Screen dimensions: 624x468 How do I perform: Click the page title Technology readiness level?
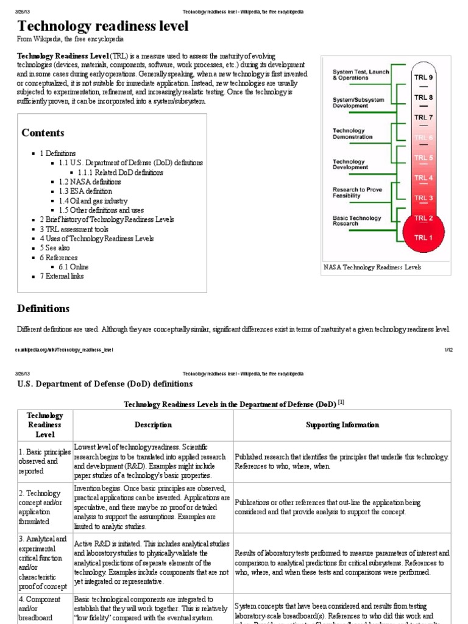[103, 26]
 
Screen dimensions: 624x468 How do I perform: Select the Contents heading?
[43, 133]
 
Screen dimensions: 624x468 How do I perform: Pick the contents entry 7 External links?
[62, 276]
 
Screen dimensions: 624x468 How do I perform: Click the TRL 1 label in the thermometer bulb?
[424, 238]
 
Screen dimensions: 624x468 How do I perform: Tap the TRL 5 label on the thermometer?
[424, 158]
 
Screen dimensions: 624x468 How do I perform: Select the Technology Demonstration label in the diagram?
[352, 133]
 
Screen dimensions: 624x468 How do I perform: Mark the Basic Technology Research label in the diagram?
[356, 221]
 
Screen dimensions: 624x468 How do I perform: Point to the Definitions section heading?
[43, 308]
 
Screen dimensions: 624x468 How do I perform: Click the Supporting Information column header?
[342, 425]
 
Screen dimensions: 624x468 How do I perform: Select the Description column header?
[153, 425]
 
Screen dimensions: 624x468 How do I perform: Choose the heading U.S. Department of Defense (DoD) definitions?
[100, 384]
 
